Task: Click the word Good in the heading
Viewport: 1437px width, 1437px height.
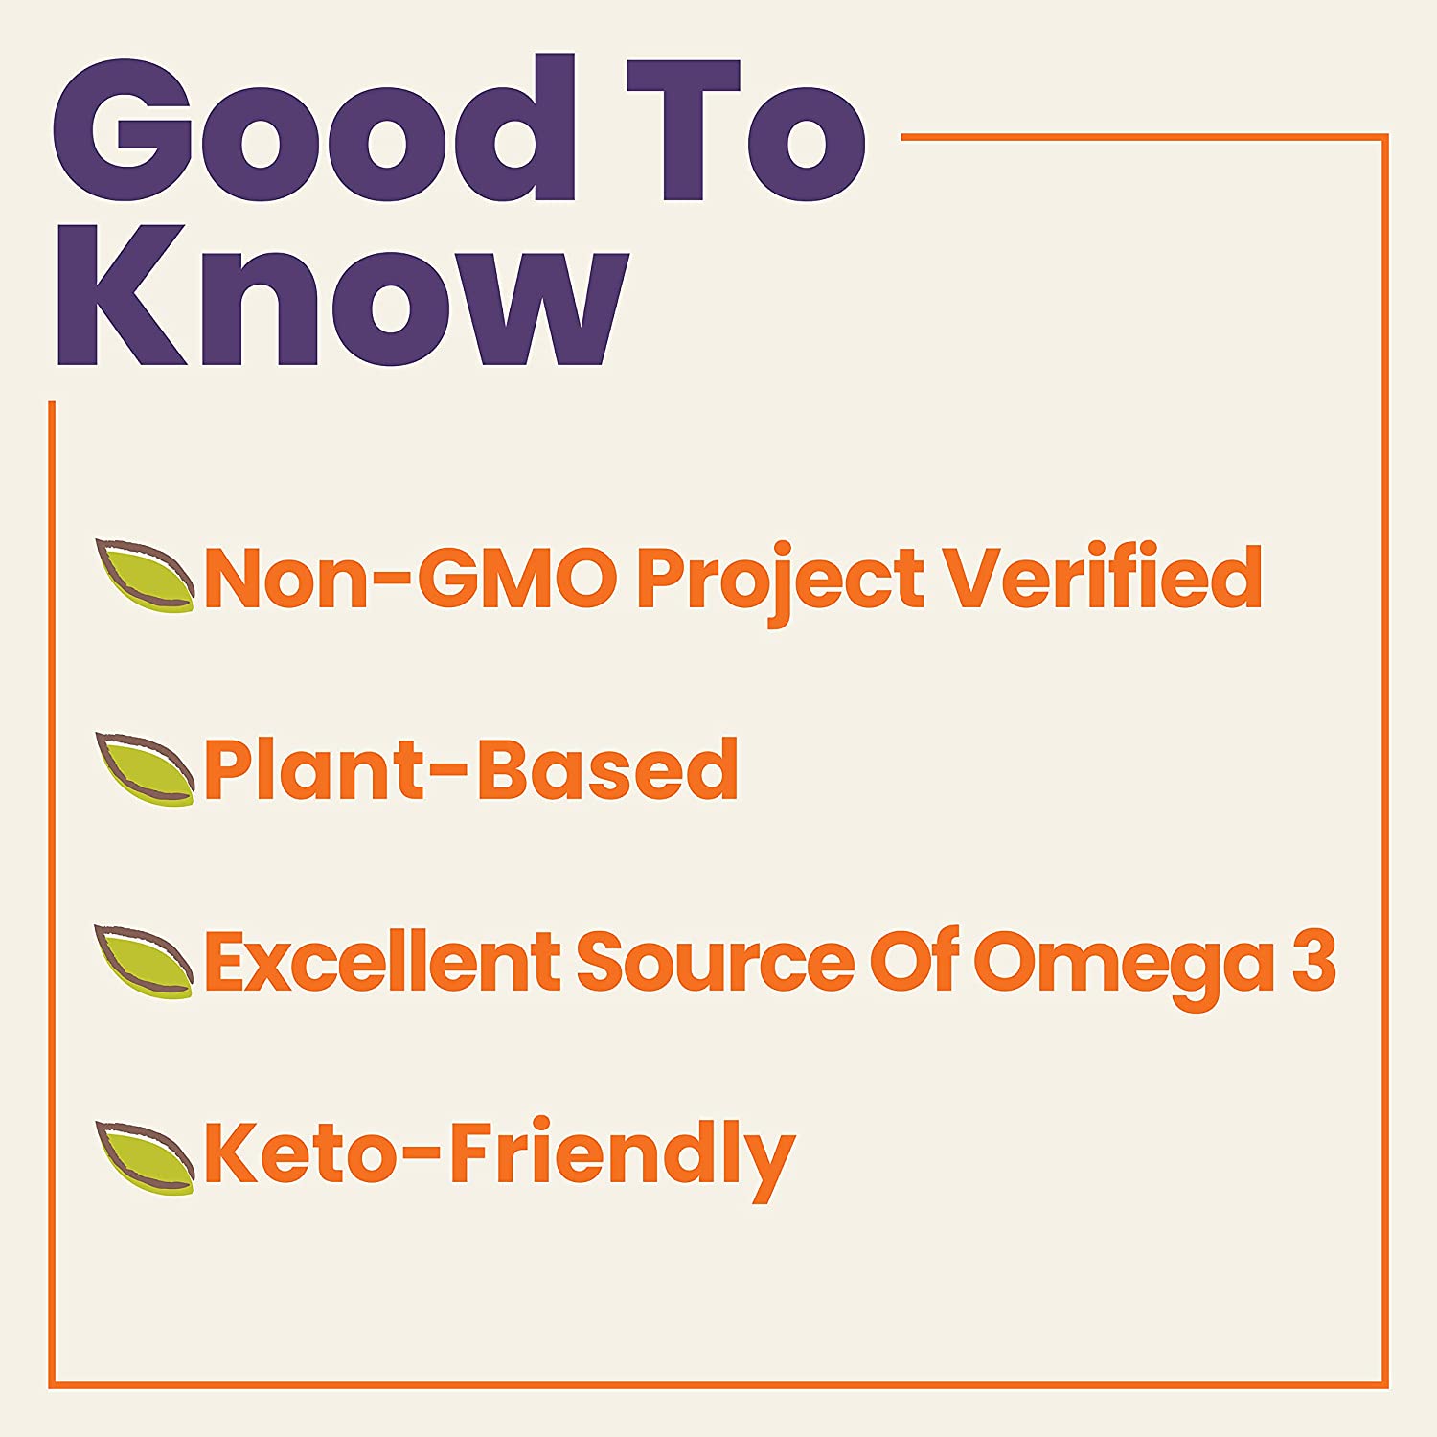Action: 313,129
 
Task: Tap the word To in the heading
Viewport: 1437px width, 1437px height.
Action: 746,131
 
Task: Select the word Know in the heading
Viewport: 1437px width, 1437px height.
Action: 343,298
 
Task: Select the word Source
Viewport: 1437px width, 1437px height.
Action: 715,963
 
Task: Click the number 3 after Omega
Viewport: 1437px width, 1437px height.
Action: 1314,962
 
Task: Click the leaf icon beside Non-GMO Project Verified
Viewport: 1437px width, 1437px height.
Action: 145,576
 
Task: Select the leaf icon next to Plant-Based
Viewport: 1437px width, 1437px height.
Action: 145,768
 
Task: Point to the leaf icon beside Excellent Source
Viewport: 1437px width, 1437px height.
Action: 145,962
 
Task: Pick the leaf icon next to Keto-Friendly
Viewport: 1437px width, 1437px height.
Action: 145,1157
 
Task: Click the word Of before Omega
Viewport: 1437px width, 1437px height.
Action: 914,960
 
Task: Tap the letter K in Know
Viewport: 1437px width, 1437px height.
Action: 122,296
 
